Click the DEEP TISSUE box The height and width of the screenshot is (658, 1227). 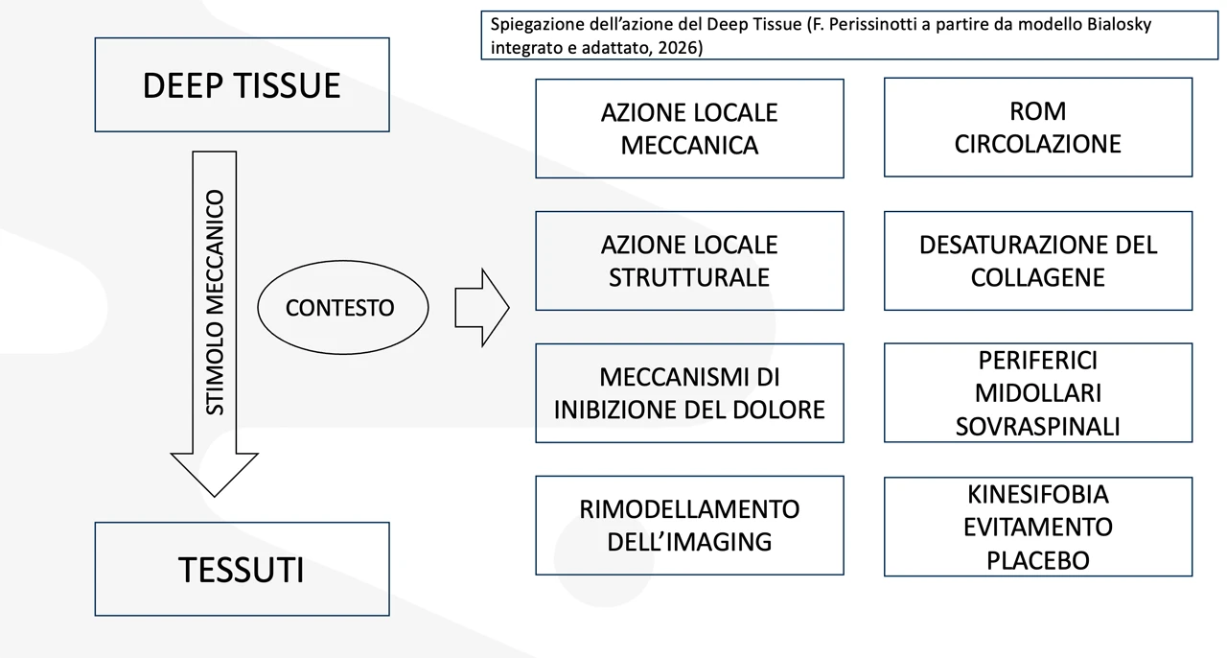tap(242, 85)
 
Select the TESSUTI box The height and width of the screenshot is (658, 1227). tap(242, 570)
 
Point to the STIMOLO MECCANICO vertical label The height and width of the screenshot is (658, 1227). tap(216, 302)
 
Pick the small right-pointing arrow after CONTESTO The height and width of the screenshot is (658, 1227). tap(481, 307)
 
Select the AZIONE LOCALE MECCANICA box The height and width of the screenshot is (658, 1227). tap(689, 129)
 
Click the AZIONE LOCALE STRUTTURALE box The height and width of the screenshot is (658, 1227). tap(689, 261)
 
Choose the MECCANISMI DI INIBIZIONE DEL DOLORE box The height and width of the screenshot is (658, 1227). tap(689, 393)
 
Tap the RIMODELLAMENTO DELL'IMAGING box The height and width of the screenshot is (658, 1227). tap(689, 525)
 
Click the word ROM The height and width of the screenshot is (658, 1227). tap(1037, 111)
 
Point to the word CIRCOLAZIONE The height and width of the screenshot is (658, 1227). tap(1037, 144)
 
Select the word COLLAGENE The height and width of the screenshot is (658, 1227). tap(1037, 277)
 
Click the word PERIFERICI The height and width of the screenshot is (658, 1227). tap(1037, 361)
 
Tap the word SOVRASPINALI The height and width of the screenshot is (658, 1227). tap(1037, 426)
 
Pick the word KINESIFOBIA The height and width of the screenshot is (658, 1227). tap(1037, 494)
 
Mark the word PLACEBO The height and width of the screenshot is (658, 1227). tap(1037, 559)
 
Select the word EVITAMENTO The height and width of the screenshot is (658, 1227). tap(1037, 527)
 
